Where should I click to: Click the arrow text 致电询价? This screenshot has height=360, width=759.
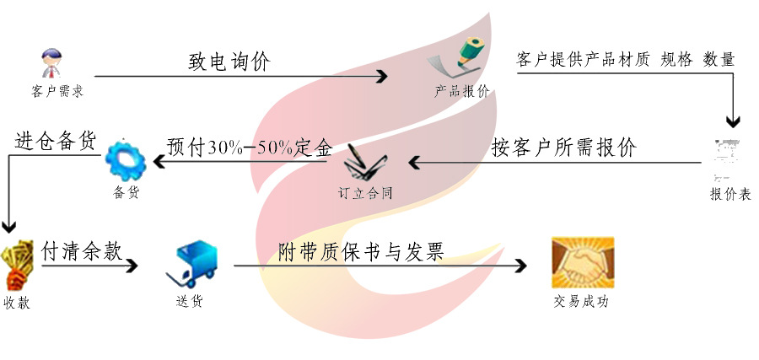pos(229,62)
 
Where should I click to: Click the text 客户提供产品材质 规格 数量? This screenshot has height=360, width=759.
pos(625,59)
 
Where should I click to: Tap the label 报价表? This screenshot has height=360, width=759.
pos(730,194)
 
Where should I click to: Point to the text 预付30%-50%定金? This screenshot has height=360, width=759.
pos(250,147)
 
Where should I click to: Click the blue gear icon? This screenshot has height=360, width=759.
pos(126,160)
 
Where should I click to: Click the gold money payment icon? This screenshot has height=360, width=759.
pos(17,265)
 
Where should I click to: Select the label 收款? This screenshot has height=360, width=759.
pos(17,303)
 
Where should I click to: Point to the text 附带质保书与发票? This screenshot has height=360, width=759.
pos(361,251)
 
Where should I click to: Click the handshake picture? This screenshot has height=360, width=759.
pos(582,263)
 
